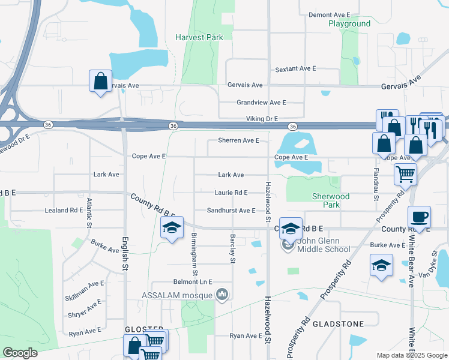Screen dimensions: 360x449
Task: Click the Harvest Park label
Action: click(x=199, y=37)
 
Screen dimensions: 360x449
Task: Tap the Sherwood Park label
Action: click(x=330, y=200)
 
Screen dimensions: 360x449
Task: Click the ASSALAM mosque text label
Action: click(x=179, y=295)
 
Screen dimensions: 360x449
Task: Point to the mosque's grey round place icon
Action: click(x=223, y=295)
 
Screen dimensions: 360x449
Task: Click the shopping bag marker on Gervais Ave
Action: click(x=100, y=81)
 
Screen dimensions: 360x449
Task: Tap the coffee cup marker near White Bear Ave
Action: click(x=419, y=217)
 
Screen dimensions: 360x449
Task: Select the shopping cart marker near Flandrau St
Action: click(x=405, y=175)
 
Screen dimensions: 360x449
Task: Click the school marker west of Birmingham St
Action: click(x=172, y=229)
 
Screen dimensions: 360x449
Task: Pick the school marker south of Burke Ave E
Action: click(x=381, y=266)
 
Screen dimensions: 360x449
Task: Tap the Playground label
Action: click(x=349, y=24)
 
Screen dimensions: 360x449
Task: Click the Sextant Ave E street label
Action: click(x=295, y=69)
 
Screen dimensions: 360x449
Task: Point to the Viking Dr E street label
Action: click(x=262, y=119)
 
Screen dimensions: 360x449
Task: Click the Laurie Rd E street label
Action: click(x=231, y=193)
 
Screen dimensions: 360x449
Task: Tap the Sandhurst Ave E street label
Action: click(x=231, y=211)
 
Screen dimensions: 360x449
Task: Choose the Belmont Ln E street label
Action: click(x=193, y=281)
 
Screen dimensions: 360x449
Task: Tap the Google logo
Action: click(x=20, y=353)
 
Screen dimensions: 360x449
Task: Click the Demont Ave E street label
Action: click(x=329, y=14)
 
